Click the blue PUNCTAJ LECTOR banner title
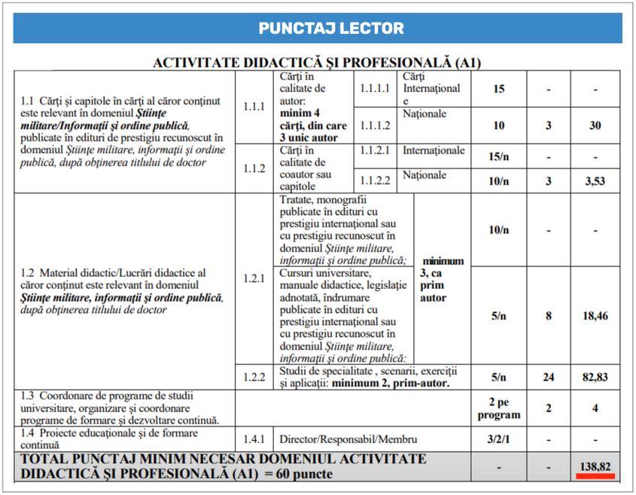click(330, 29)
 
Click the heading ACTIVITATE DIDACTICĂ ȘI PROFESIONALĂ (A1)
click(317, 63)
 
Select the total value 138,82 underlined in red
click(595, 467)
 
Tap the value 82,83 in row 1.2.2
click(595, 377)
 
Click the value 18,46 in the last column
click(595, 316)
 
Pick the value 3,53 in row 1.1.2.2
click(595, 181)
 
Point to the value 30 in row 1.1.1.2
click(595, 126)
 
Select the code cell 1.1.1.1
click(375, 89)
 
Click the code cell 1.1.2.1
click(375, 150)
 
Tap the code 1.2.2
click(255, 377)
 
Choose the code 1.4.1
click(255, 439)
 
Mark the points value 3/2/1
click(498, 439)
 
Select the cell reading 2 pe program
click(498, 408)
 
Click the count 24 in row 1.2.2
click(548, 377)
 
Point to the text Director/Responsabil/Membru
click(348, 439)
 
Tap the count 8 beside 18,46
click(548, 316)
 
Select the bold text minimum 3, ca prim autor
click(442, 279)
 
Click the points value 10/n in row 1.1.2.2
click(498, 181)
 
